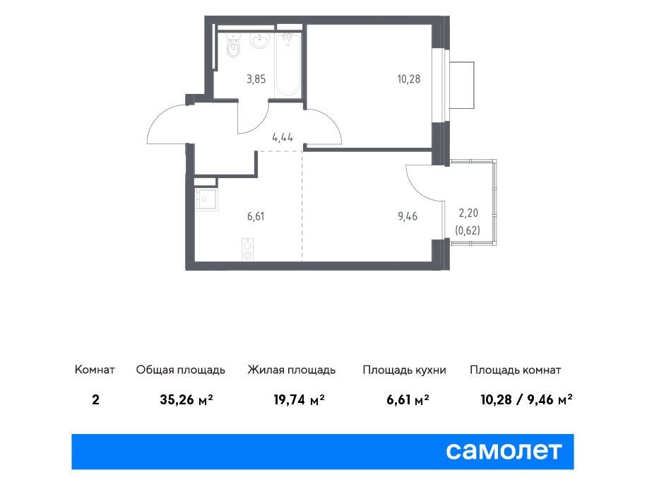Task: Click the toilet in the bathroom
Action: click(x=234, y=45)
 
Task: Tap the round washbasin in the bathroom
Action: click(x=260, y=40)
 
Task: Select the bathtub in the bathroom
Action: click(x=287, y=65)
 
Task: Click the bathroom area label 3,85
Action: click(x=256, y=79)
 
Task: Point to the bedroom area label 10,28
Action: click(x=408, y=79)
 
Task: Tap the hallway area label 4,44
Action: click(x=283, y=138)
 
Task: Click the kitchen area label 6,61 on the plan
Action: click(x=256, y=216)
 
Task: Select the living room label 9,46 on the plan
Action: click(x=408, y=216)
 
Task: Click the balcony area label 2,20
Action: click(x=468, y=213)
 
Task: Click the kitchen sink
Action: click(x=206, y=200)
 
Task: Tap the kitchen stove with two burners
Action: click(x=247, y=250)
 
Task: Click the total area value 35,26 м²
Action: click(x=186, y=399)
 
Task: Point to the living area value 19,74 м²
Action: click(x=299, y=399)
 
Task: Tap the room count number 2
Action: click(x=96, y=400)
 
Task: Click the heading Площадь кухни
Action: click(x=404, y=370)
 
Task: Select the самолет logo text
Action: click(x=504, y=451)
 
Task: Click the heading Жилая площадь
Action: click(x=291, y=370)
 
